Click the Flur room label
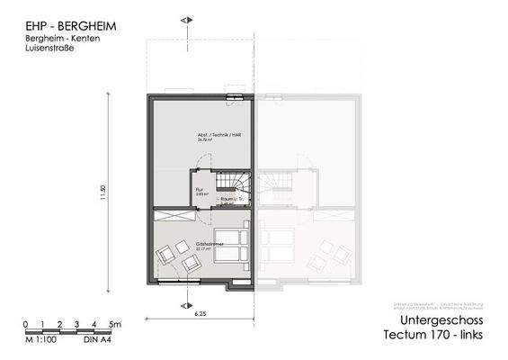pos(201,189)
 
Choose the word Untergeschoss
pos(445,321)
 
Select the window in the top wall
pos(234,97)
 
